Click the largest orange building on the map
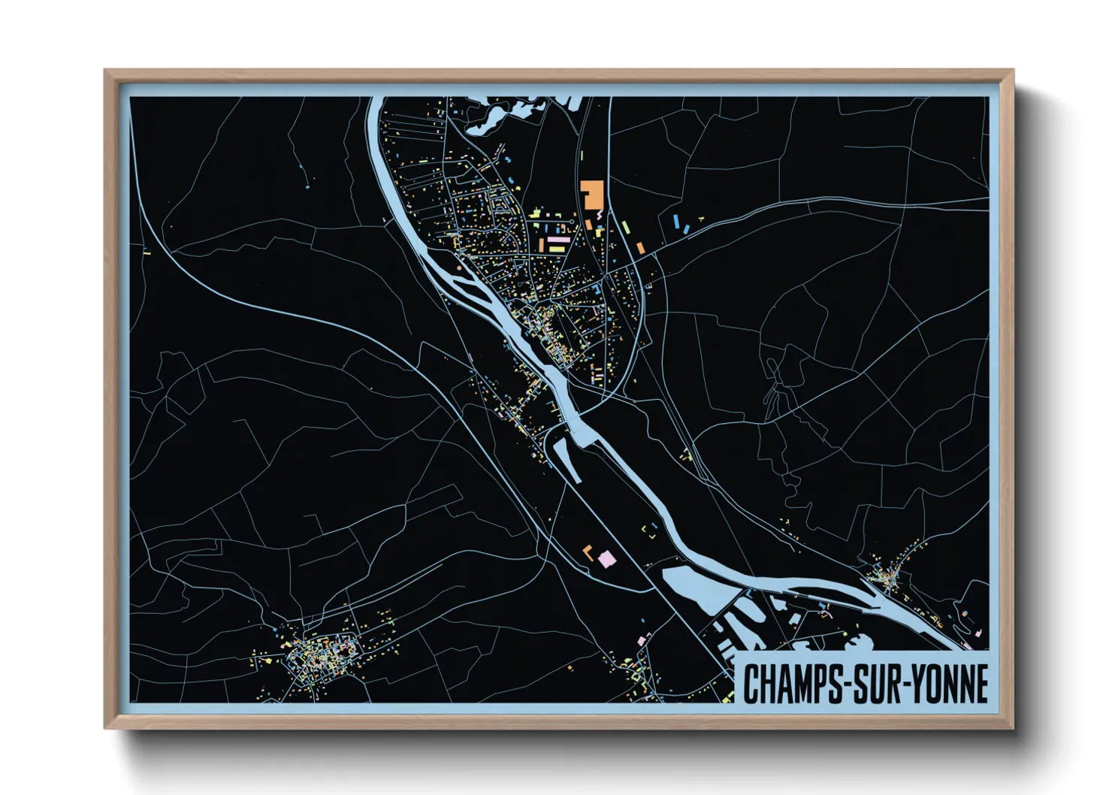(592, 193)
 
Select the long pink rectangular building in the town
(558, 240)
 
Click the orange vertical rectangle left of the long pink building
(540, 245)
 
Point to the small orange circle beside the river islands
(458, 266)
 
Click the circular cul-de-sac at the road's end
(573, 222)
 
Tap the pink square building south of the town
(606, 558)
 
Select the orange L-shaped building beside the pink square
(588, 552)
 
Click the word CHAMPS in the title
(792, 685)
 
